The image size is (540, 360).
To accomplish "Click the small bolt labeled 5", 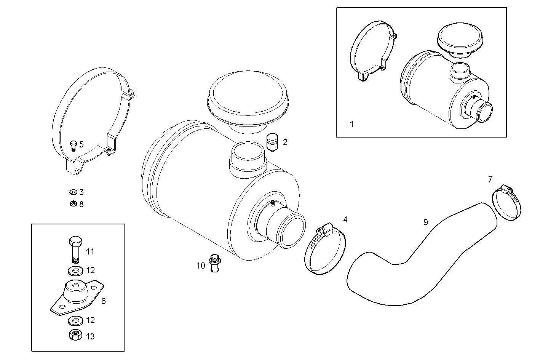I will pos(73,145).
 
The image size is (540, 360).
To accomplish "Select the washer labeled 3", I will pos(73,192).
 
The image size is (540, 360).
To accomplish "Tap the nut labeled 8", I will pos(73,204).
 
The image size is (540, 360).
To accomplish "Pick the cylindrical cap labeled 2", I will pos(272,142).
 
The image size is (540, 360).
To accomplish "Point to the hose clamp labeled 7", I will pos(506,204).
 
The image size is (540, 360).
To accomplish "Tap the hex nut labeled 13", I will pos(75,336).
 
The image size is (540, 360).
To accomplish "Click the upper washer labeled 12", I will pos(76,271).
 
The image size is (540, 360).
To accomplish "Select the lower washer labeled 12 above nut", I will pos(76,320).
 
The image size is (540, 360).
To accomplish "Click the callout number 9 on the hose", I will pos(425,222).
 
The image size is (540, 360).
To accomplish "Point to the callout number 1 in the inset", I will pos(351,124).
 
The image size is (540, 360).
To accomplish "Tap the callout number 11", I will pos(90,252).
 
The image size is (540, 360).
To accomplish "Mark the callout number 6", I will pos(103,301).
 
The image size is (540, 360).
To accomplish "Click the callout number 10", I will pos(201,266).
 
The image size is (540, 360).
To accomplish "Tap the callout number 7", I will pos(490,180).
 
